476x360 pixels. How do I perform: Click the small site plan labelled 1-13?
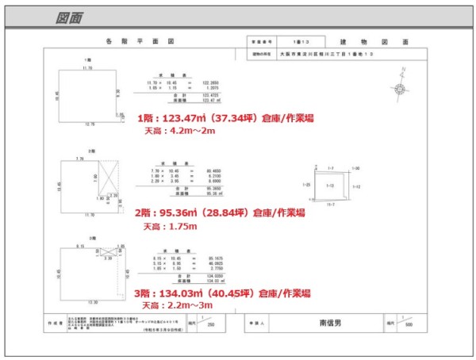coord(332,184)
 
